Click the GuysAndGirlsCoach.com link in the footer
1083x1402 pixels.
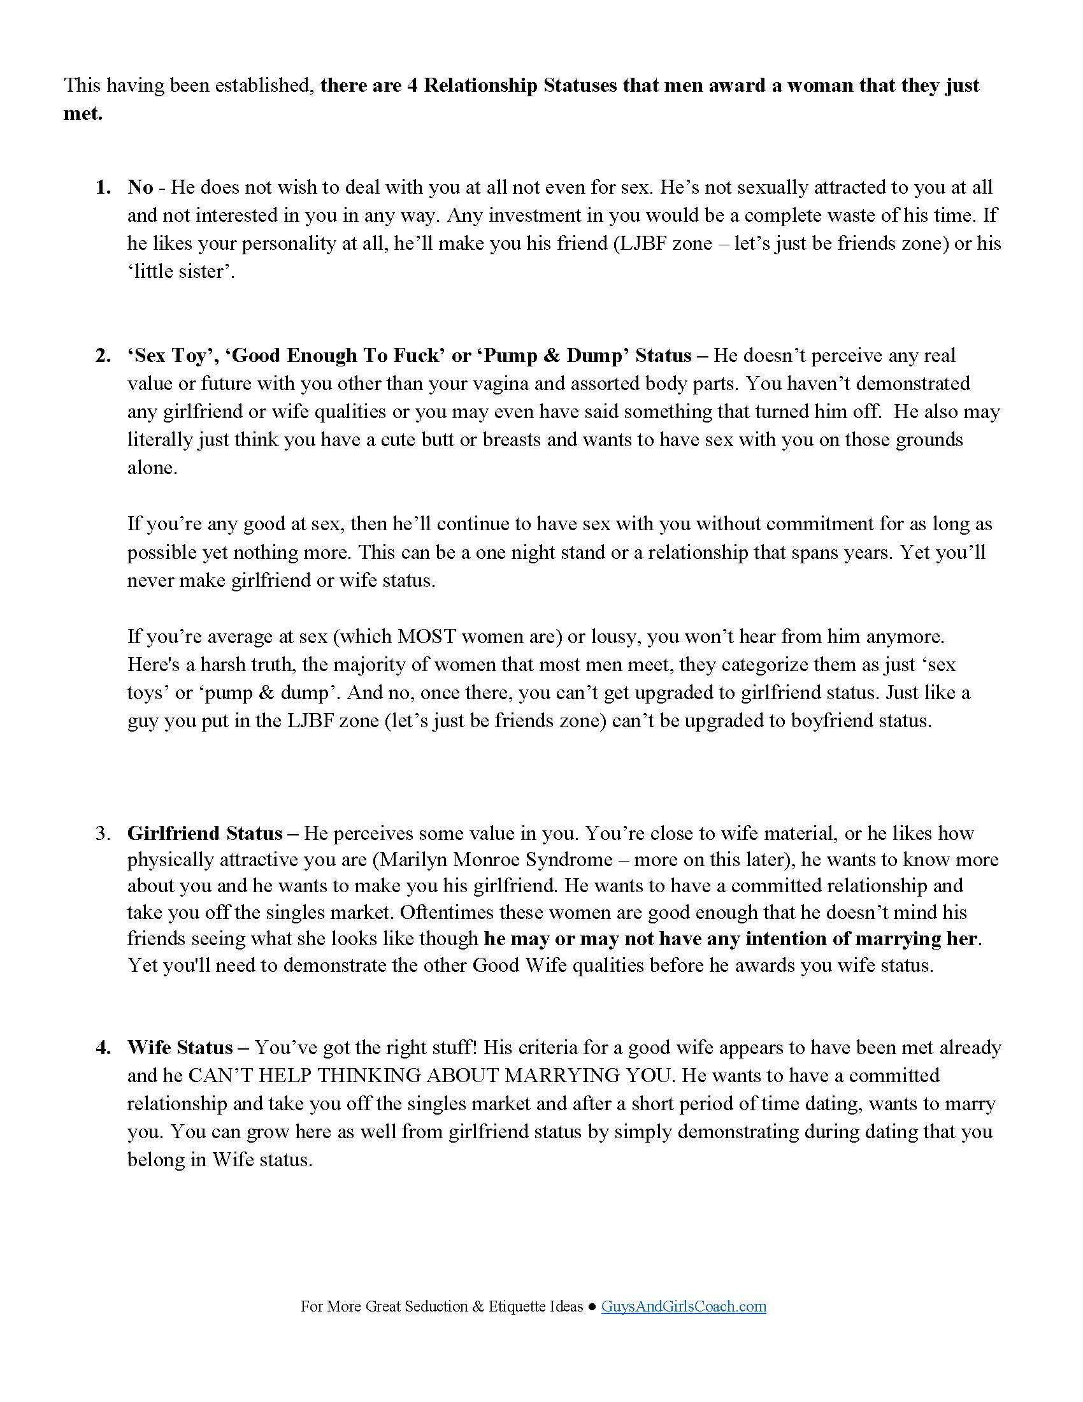684,1306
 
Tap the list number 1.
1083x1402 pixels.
103,187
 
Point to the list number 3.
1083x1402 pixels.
103,834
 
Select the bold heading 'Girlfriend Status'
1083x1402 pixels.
204,834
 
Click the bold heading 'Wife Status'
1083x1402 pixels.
180,1048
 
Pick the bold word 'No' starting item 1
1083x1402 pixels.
140,187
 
